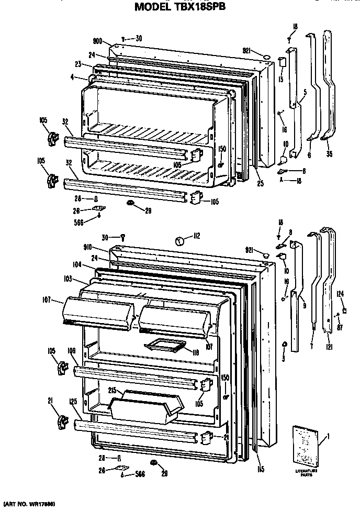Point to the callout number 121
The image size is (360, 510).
pyautogui.click(x=329, y=346)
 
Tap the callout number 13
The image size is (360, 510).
pyautogui.click(x=281, y=79)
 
